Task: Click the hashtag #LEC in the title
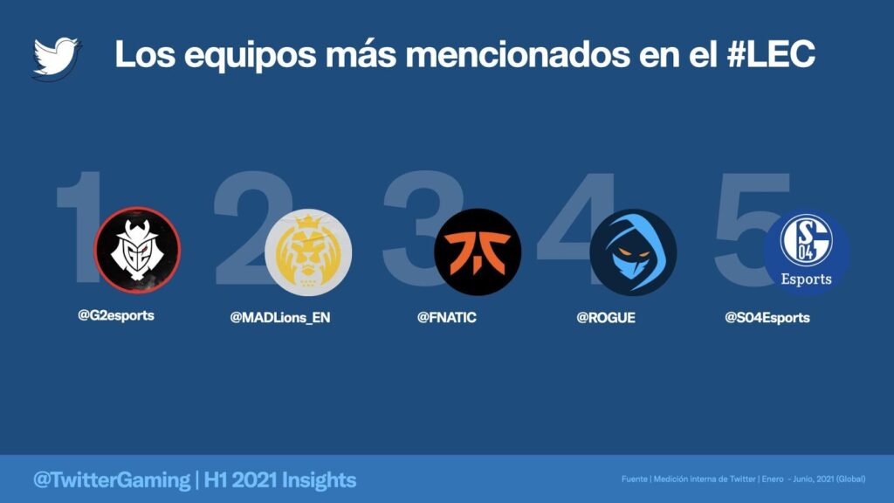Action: coord(771,54)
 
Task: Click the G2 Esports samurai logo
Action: coord(137,250)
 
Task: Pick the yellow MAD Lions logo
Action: coord(308,252)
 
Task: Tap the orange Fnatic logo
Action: coord(478,252)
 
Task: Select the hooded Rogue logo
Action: coord(633,252)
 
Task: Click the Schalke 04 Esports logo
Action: coord(806,252)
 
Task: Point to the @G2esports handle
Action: coord(116,315)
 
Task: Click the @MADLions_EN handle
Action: coord(280,318)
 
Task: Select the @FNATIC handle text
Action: coord(446,318)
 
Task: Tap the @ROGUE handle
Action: coord(606,318)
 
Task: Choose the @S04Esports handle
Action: coord(767,318)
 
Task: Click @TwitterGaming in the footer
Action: coord(112,480)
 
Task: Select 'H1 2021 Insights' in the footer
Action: coord(280,480)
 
